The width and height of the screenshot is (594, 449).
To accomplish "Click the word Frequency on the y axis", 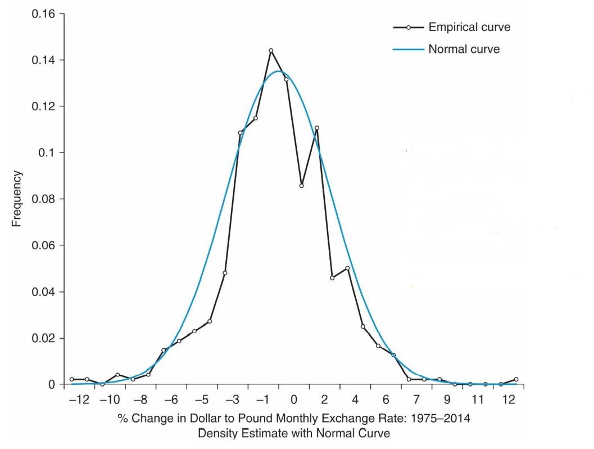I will (x=17, y=199).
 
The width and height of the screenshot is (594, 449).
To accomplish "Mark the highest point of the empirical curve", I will (x=271, y=51).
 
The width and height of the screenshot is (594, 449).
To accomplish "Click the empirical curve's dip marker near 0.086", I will (x=302, y=186).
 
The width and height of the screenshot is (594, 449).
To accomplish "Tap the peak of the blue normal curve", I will (x=280, y=71).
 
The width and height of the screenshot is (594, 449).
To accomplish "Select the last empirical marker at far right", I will (x=516, y=379).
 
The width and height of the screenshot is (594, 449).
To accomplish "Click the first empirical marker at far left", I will (x=71, y=379).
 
